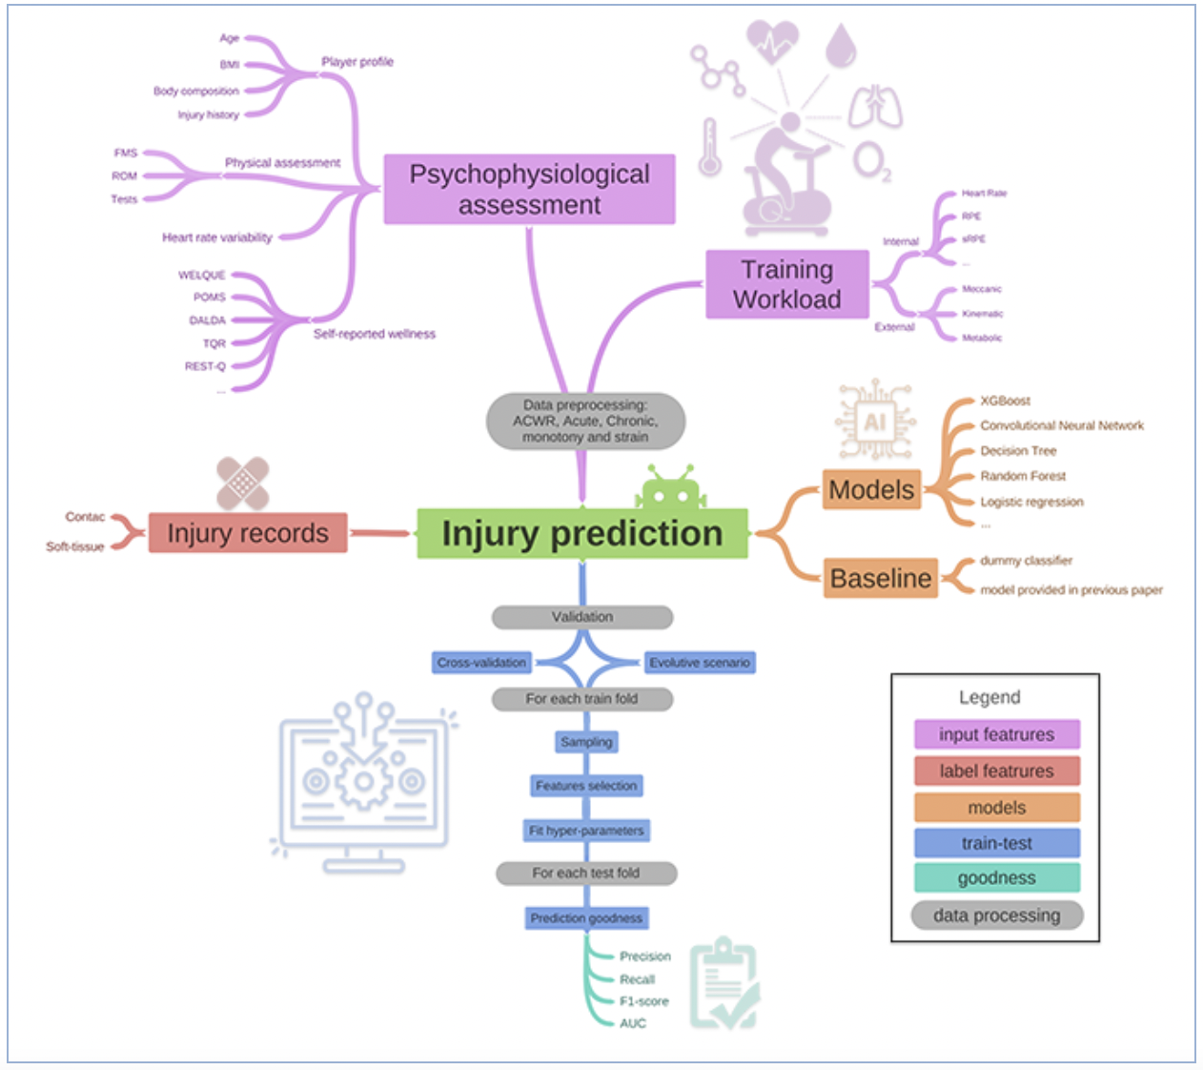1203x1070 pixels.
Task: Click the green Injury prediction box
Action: (581, 533)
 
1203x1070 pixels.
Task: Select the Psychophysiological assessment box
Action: (529, 189)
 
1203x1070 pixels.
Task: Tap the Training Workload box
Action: (787, 284)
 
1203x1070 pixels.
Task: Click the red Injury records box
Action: (248, 533)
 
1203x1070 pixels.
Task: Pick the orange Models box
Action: (871, 489)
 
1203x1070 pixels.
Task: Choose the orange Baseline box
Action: (880, 578)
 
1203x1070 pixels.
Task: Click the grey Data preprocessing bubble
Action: (585, 421)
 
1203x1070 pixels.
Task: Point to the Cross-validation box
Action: (482, 662)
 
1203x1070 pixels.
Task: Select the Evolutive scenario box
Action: (700, 662)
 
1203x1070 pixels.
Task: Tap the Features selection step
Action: (586, 786)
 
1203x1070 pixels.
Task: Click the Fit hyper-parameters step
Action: (586, 831)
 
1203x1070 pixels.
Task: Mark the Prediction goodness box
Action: (586, 917)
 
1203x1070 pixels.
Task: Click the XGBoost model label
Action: (1005, 401)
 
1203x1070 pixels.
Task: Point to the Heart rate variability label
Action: (217, 237)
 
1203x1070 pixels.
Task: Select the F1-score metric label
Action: (644, 1001)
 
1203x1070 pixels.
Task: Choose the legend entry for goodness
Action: (996, 877)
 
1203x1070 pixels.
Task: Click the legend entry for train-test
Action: (996, 843)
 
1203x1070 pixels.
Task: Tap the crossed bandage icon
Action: (242, 483)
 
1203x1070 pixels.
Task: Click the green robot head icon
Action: (670, 488)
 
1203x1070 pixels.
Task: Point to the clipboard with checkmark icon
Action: (724, 983)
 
